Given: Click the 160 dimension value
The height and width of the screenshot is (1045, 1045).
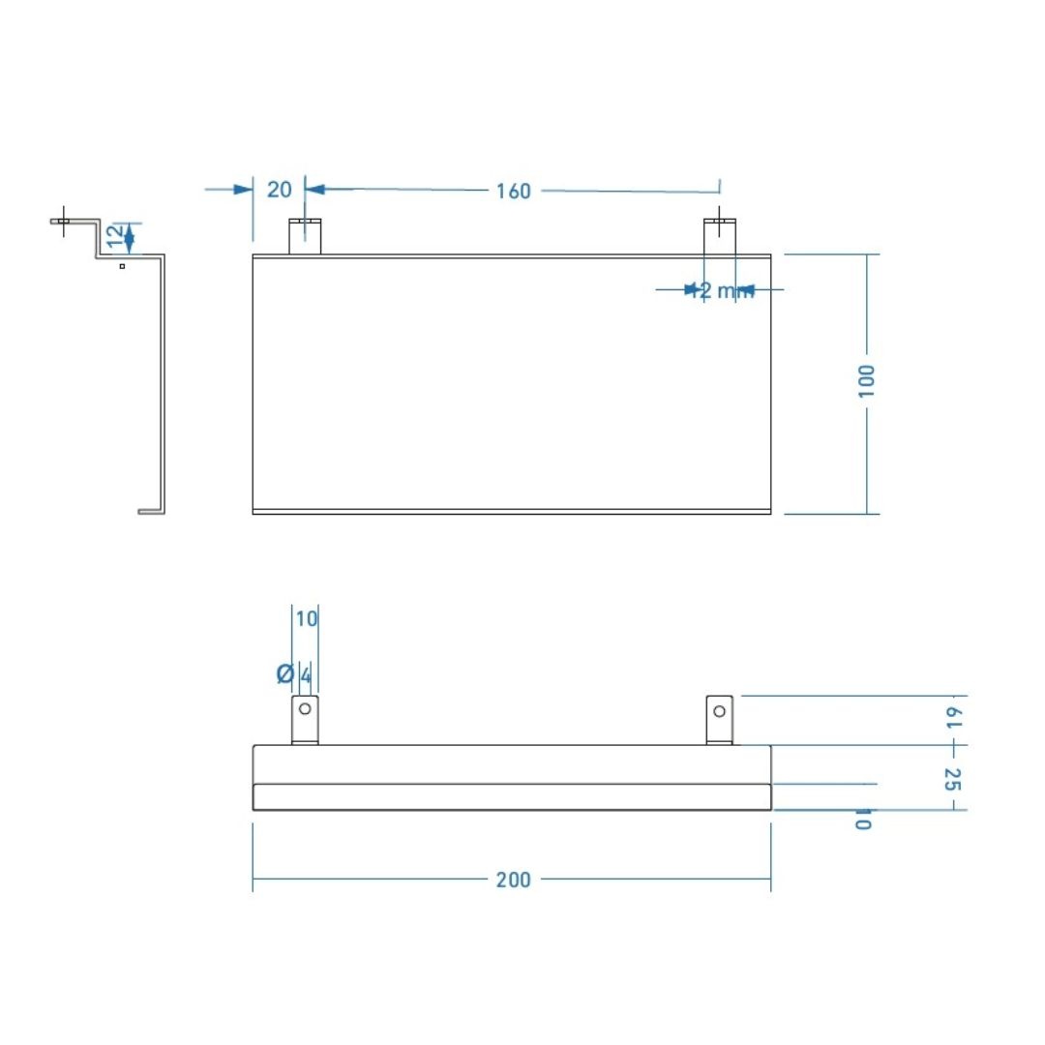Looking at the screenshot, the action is (x=513, y=191).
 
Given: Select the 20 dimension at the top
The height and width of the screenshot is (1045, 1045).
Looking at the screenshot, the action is (x=279, y=189).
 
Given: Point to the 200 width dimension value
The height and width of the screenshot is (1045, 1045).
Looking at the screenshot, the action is (x=513, y=880).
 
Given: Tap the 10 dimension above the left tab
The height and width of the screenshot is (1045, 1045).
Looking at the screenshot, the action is (x=306, y=618).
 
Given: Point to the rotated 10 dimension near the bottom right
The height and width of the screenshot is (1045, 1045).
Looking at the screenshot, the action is (x=863, y=819).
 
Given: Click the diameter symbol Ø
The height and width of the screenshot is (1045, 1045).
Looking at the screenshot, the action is (x=284, y=673).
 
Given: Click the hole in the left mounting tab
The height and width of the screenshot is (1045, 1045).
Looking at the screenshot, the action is (x=305, y=709).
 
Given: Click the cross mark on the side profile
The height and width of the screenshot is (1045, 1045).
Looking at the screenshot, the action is (x=64, y=221).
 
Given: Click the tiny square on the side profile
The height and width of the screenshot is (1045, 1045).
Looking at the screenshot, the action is (x=122, y=265).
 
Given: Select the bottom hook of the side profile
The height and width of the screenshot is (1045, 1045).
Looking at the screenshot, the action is (x=150, y=511).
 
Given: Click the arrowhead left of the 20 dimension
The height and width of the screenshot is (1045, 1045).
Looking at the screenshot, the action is (x=243, y=189).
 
